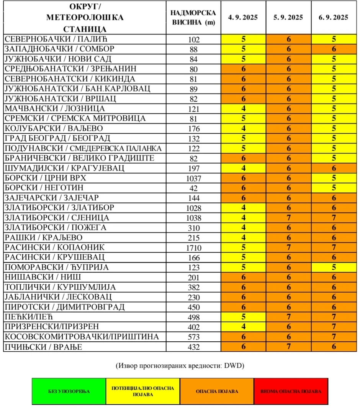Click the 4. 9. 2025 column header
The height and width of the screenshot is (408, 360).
[243, 17]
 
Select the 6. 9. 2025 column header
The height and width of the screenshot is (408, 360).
[333, 17]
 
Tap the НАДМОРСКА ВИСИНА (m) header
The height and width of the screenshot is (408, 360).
[194, 17]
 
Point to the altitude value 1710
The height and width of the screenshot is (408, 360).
[194, 247]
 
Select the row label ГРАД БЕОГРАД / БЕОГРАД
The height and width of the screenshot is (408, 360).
[57, 138]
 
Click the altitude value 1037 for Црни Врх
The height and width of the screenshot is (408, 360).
[194, 178]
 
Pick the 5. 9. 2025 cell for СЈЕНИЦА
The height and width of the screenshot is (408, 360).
[288, 218]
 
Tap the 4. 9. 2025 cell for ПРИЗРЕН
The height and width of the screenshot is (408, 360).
[243, 327]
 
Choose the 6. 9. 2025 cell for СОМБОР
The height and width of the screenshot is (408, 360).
[334, 49]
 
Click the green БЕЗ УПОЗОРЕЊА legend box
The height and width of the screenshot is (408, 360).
[69, 391]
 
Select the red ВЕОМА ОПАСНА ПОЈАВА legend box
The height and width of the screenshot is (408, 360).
[291, 391]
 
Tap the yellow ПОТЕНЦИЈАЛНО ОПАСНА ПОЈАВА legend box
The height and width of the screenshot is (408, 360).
[142, 391]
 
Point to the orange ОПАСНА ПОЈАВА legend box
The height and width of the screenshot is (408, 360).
[217, 391]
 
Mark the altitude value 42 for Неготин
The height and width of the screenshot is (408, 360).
[194, 188]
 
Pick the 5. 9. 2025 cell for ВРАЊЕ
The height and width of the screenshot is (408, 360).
[288, 347]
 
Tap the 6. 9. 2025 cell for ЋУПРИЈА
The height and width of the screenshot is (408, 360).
[334, 267]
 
